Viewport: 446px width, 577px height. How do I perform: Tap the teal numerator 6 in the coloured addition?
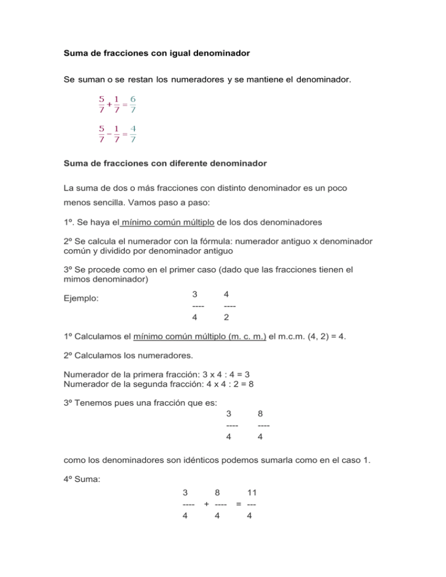pyautogui.click(x=133, y=99)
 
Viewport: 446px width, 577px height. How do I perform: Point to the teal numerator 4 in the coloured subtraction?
pyautogui.click(x=133, y=128)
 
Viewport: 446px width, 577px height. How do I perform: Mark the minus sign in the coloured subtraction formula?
pyautogui.click(x=108, y=134)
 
